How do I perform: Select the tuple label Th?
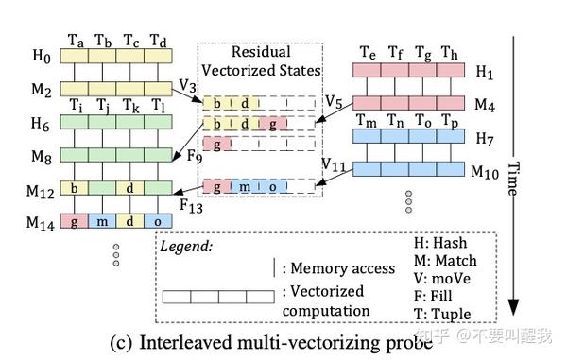450,54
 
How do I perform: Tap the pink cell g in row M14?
75,221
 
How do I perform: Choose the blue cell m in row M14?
102,221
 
